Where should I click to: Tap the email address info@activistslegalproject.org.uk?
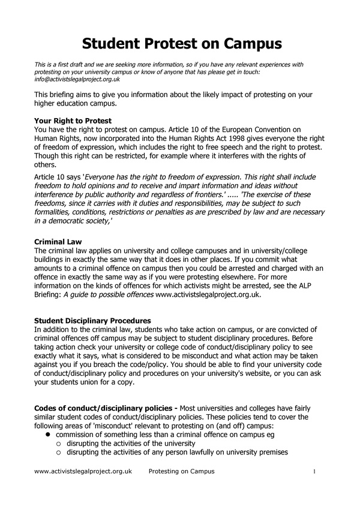(x=77, y=79)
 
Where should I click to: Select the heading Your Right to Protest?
(x=73, y=121)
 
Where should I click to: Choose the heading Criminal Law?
(x=58, y=242)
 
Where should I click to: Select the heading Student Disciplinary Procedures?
(x=92, y=321)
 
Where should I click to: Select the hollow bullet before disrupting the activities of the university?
(x=59, y=444)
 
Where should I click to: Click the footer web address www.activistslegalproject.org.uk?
(x=83, y=471)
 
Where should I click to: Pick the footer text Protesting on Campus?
(x=181, y=471)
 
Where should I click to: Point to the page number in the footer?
(x=314, y=472)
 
